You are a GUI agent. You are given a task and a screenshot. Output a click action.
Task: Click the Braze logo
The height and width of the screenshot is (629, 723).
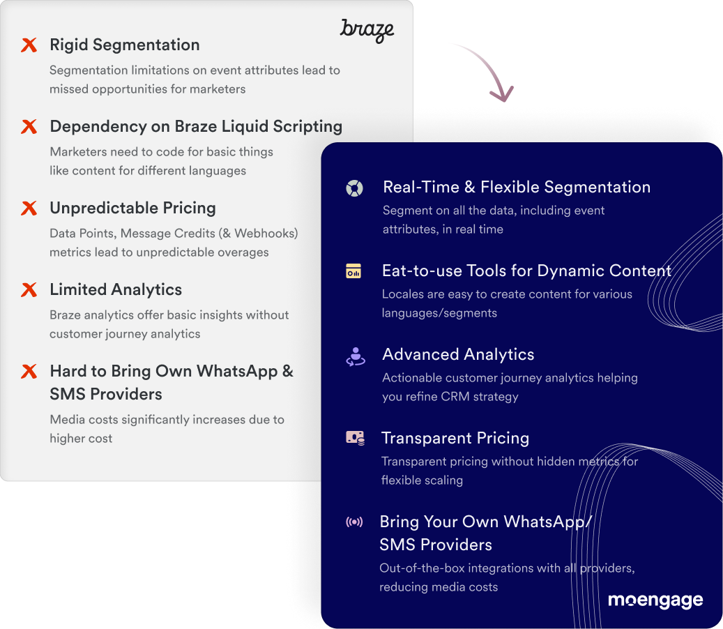click(367, 31)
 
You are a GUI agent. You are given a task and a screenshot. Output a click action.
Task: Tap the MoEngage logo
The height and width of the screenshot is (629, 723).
click(655, 600)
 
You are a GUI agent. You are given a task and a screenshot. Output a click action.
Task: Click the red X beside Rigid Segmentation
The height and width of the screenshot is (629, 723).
click(29, 45)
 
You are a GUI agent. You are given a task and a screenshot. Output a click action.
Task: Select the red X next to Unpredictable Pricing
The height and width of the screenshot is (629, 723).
click(29, 208)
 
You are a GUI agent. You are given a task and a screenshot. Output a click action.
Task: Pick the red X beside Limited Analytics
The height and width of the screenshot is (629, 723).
click(29, 289)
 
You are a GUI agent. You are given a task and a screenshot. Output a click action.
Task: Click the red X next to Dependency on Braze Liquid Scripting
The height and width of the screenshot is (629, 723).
click(29, 127)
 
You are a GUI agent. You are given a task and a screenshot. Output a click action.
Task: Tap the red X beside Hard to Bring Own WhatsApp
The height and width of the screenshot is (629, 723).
click(29, 371)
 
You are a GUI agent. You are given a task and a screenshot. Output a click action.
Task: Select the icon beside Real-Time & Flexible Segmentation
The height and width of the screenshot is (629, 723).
click(355, 188)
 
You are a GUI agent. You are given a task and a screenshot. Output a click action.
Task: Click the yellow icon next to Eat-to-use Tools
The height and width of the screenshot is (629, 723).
click(353, 271)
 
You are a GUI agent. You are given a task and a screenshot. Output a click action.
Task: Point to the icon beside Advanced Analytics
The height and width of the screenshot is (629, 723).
click(356, 356)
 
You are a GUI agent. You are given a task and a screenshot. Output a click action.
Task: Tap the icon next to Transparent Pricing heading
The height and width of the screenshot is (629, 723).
click(356, 438)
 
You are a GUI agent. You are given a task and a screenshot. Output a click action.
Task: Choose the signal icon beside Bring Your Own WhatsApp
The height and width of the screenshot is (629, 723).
click(355, 522)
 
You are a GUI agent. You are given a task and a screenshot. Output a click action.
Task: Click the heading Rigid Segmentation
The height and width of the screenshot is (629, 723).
click(125, 45)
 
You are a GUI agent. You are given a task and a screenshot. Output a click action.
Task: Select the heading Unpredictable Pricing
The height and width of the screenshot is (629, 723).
click(132, 208)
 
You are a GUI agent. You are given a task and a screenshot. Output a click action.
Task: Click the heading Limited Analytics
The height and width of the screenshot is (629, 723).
click(116, 289)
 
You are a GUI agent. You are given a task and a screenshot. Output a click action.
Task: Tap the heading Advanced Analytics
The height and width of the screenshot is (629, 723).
click(458, 354)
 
